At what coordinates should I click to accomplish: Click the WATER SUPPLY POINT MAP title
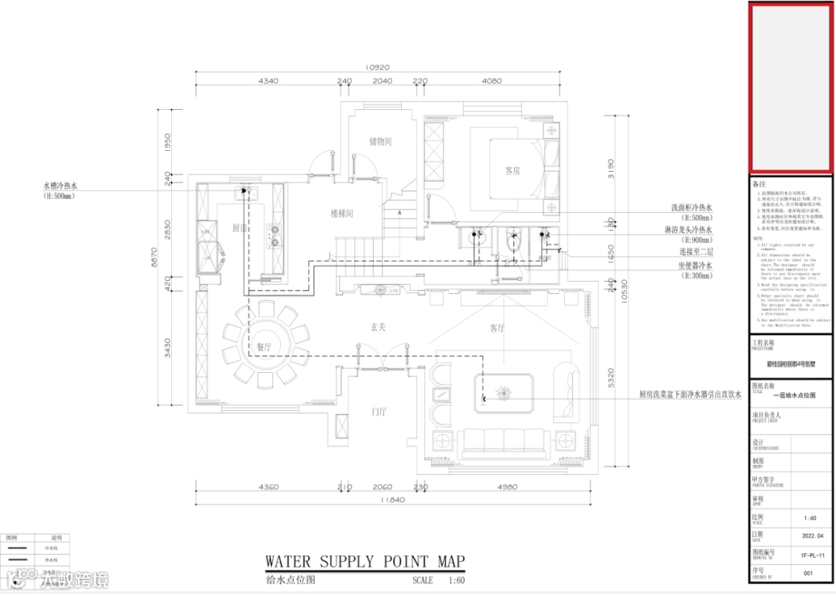pos(365,562)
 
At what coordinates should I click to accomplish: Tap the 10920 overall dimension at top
pos(378,67)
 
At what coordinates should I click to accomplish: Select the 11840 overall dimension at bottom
pos(377,500)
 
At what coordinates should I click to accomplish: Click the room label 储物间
pos(380,142)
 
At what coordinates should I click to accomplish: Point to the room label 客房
pos(512,170)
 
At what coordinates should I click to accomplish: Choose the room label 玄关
pos(378,327)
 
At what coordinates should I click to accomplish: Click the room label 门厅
pos(379,412)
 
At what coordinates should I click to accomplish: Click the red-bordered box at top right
pos(790,87)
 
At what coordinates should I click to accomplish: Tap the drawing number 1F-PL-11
pos(807,554)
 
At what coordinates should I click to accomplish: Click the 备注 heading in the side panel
pos(759,184)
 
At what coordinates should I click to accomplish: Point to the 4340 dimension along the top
pos(268,80)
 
